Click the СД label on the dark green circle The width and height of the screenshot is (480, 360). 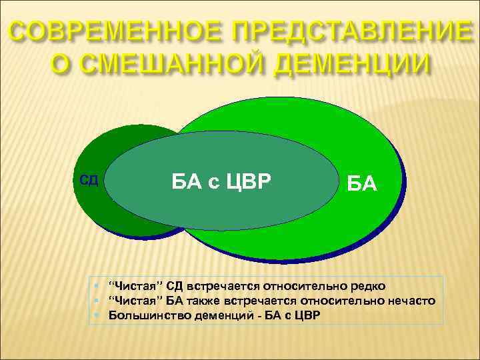pyautogui.click(x=89, y=180)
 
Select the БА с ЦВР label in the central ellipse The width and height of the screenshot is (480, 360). pyautogui.click(x=222, y=180)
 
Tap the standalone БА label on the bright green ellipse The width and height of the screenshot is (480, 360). pyautogui.click(x=362, y=183)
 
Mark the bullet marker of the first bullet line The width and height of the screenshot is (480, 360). pyautogui.click(x=98, y=287)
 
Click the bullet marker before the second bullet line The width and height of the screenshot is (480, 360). pyautogui.click(x=98, y=301)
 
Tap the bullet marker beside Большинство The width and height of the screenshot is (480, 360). pyautogui.click(x=98, y=315)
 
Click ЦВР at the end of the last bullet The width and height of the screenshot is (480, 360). pyautogui.click(x=307, y=315)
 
